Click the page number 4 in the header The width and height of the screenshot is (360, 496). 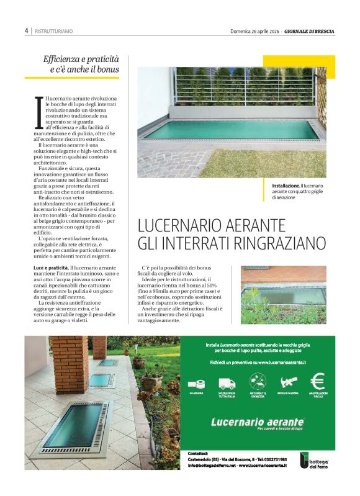coord(27,30)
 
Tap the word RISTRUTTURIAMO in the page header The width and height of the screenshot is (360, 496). coord(53,31)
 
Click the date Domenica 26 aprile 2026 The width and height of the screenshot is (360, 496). coord(256,30)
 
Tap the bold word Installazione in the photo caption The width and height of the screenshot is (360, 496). coord(286,186)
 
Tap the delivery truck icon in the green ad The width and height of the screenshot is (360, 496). coord(226,381)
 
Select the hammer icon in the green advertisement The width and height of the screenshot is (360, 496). coord(289,381)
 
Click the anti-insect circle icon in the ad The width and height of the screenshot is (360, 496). coord(257,381)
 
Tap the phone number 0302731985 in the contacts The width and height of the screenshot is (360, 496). coord(274,459)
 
